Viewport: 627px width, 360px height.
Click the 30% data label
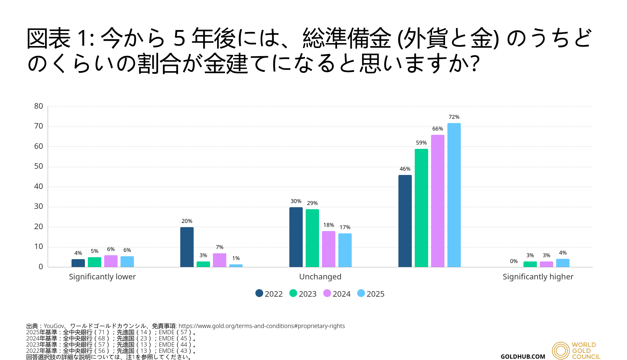click(x=296, y=201)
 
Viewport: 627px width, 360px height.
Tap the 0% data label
click(x=514, y=261)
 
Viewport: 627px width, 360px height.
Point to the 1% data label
click(x=236, y=258)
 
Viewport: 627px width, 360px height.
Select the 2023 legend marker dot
click(x=293, y=293)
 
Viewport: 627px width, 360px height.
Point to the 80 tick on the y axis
click(x=39, y=106)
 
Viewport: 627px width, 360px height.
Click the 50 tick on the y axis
click(x=39, y=166)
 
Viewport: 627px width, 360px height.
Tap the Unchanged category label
click(x=320, y=277)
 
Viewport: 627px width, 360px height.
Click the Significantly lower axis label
click(x=102, y=277)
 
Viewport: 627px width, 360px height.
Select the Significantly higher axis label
click(x=538, y=277)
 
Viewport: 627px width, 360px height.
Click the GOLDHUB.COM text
click(x=523, y=357)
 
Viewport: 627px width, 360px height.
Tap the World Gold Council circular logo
click(x=561, y=351)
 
